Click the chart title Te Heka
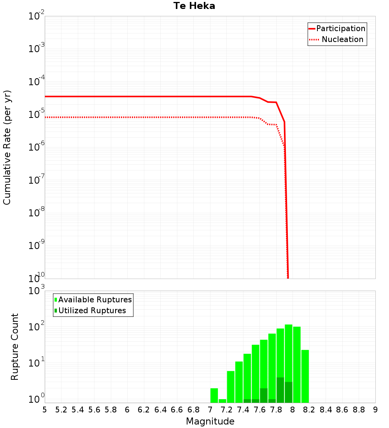194,6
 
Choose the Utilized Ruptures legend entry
92,310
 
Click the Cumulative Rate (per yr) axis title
7,147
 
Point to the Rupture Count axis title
15,347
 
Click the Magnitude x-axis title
210,421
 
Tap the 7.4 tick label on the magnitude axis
243,410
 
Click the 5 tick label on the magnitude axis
45,410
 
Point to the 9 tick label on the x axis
375,410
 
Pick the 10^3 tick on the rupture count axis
37,291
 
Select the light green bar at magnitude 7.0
214,395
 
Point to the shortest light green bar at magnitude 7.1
223,401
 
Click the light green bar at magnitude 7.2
231,387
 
